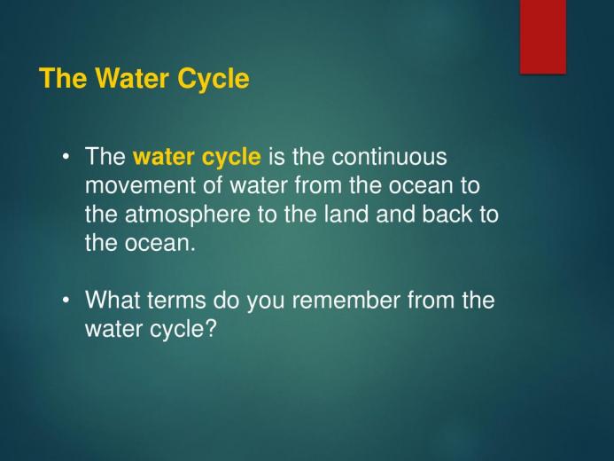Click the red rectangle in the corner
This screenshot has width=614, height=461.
(x=543, y=36)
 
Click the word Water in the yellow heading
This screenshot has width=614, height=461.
(x=131, y=78)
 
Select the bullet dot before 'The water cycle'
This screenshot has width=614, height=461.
(x=66, y=158)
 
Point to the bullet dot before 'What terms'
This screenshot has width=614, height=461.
(x=66, y=301)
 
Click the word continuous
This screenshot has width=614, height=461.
(x=389, y=157)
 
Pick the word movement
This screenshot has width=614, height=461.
(x=140, y=185)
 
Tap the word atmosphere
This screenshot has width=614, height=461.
(x=187, y=215)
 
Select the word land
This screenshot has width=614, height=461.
(x=346, y=215)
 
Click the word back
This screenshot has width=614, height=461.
(x=447, y=215)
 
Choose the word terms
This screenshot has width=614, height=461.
(x=176, y=301)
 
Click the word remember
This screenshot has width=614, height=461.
(x=346, y=300)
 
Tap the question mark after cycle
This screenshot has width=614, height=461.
(x=210, y=329)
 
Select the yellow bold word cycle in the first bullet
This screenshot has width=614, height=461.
(x=231, y=158)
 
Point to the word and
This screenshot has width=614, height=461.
(x=395, y=215)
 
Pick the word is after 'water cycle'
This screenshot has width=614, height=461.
(x=276, y=157)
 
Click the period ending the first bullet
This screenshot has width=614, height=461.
(x=192, y=250)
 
